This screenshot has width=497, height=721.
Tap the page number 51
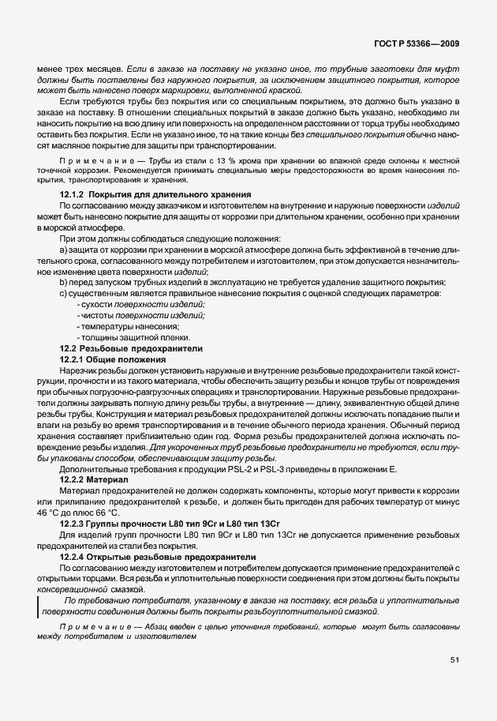[454, 659]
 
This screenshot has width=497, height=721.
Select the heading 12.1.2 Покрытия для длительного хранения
[156, 194]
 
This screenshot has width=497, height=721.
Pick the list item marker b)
[65, 283]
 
